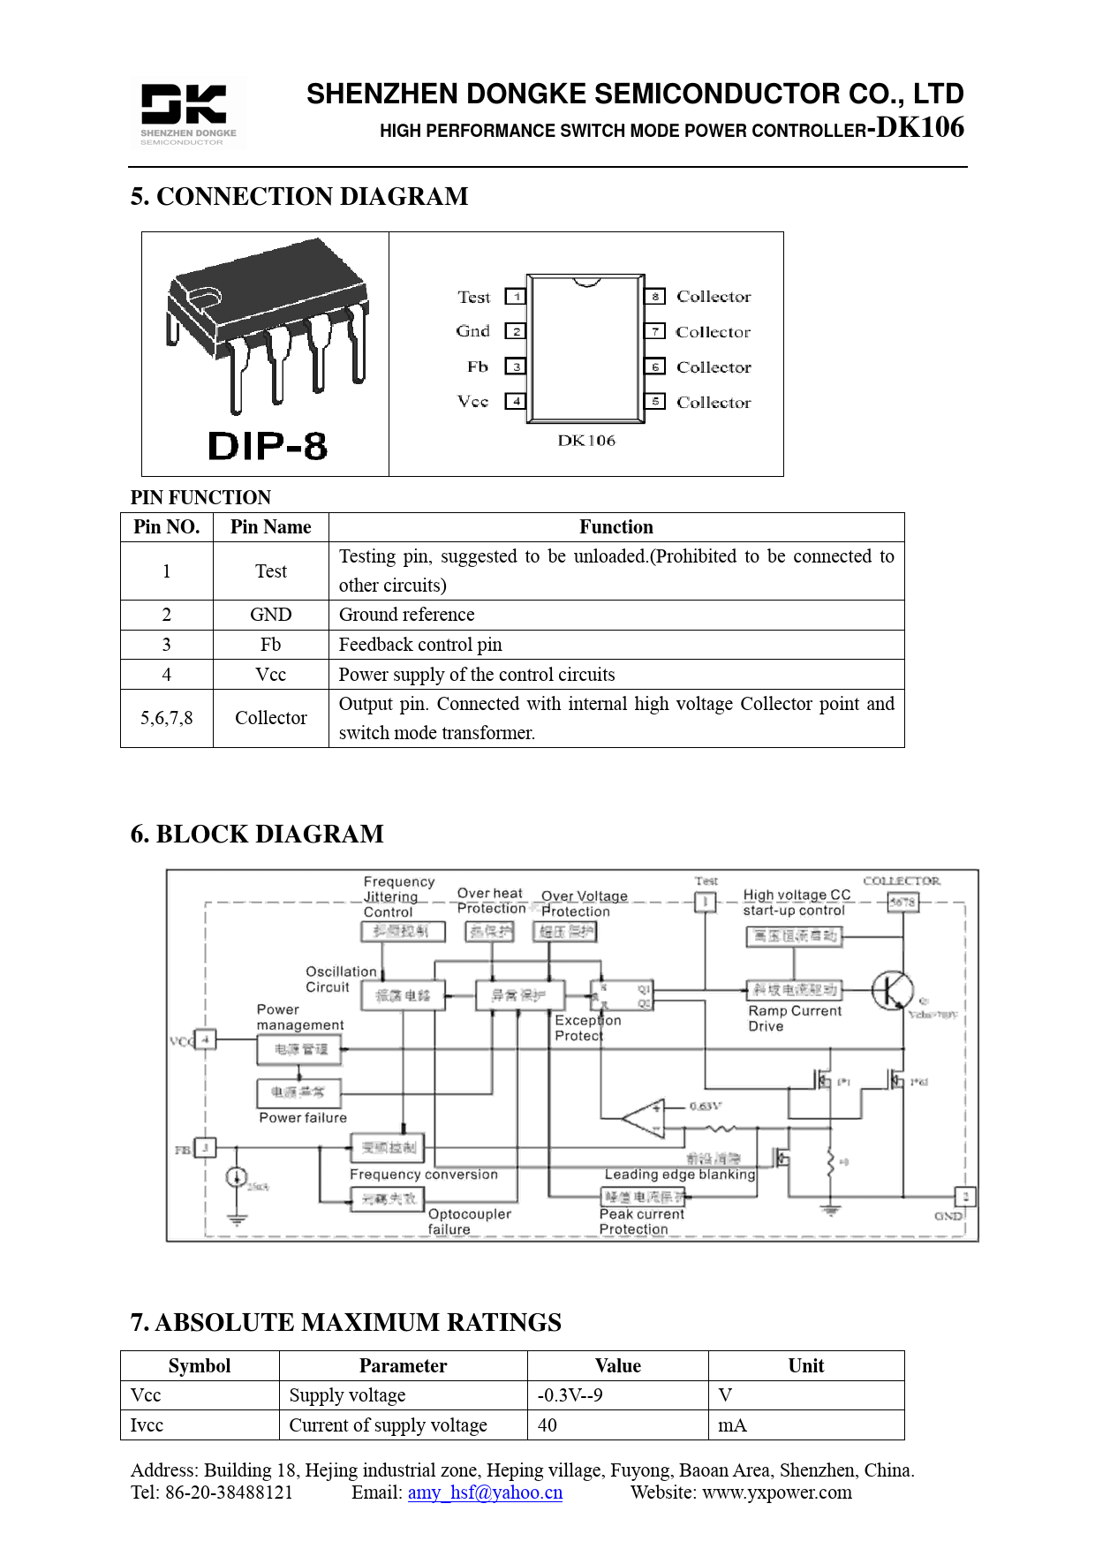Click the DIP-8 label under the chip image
click(268, 446)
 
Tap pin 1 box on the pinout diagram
click(516, 297)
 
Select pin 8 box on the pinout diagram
click(654, 297)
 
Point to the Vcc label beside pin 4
click(473, 401)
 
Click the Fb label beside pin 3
click(478, 366)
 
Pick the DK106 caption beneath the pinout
click(586, 441)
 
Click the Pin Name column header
click(270, 527)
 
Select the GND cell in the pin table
click(270, 615)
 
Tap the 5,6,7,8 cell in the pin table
click(166, 718)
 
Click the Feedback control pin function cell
click(420, 645)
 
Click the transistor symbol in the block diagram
click(893, 990)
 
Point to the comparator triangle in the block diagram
click(645, 1118)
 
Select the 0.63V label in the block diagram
click(706, 1106)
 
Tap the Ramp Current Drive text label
click(794, 1018)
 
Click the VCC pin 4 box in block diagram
click(206, 1040)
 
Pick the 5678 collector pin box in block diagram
click(902, 902)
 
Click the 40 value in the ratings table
click(547, 1425)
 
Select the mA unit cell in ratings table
click(732, 1425)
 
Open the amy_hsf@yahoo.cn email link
click(485, 1492)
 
